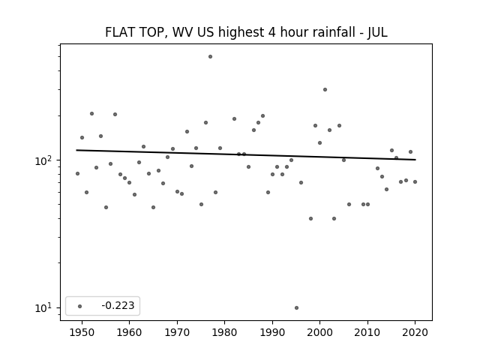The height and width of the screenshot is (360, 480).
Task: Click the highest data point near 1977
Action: coord(210,57)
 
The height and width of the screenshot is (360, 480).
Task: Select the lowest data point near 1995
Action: coord(296,308)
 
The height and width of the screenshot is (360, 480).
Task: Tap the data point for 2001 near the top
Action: coord(325,90)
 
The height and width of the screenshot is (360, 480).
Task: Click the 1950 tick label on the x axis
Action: coord(82,332)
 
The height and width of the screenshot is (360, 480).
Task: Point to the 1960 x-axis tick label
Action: coord(129,332)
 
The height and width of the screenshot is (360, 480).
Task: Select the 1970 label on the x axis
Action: coord(177,332)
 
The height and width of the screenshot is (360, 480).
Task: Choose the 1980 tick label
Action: coord(224,332)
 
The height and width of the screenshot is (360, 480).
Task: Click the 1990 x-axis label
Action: coord(272,332)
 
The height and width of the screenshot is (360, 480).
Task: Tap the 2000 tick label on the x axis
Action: coord(320,332)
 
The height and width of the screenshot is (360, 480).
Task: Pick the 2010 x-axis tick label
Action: coord(367,332)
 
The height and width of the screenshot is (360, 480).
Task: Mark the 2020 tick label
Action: coord(415,332)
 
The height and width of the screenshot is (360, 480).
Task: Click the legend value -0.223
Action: coord(118,305)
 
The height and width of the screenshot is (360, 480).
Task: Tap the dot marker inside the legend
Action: coord(79,306)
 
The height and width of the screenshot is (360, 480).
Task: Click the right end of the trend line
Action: coord(415,160)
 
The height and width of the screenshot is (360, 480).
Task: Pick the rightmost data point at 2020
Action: coord(415,181)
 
